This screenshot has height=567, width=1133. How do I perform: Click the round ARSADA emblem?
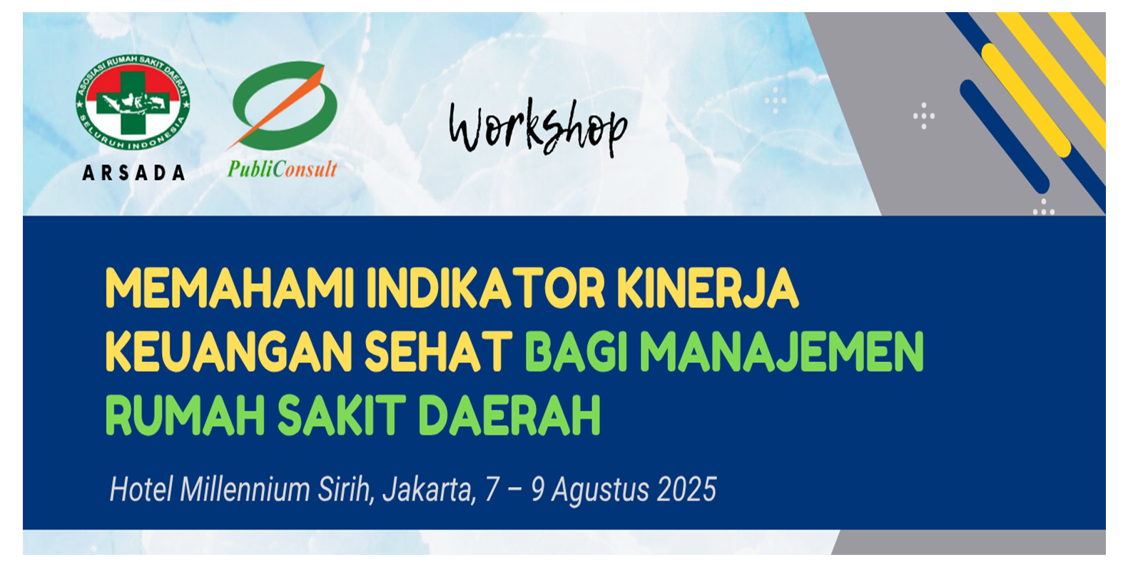point(133,104)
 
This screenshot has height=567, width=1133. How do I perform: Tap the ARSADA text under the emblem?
point(133,173)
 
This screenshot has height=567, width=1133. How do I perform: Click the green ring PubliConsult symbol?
point(285,106)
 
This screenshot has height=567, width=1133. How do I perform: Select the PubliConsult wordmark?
point(283,169)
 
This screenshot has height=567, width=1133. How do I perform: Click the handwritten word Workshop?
point(538,126)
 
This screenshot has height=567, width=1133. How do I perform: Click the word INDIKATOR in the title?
point(486,288)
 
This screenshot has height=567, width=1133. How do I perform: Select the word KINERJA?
point(708,288)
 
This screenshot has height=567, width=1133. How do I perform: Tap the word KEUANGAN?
point(228,351)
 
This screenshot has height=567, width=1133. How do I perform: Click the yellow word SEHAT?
point(439,351)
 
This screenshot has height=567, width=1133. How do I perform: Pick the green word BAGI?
point(576,351)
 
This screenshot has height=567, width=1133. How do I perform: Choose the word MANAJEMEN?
point(782,351)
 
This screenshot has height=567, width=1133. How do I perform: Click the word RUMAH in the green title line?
point(185,415)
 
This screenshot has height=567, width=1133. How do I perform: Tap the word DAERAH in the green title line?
point(509,415)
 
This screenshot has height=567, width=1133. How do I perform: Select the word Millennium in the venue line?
point(245,490)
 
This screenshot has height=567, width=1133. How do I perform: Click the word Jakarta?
point(430,491)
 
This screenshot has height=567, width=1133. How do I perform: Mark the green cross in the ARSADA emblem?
point(133,104)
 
